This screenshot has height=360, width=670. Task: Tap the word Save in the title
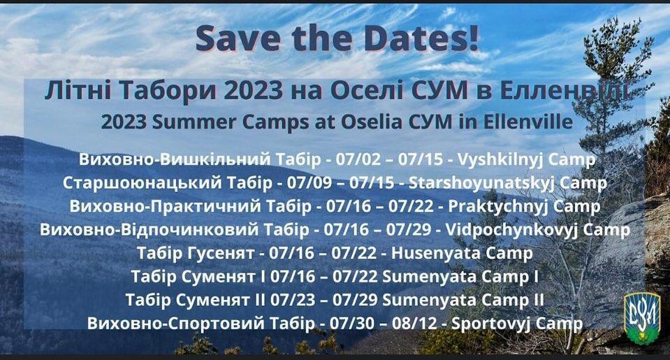click(x=235, y=38)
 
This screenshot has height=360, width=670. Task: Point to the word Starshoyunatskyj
click(x=481, y=183)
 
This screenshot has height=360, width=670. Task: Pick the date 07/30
click(x=356, y=324)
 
